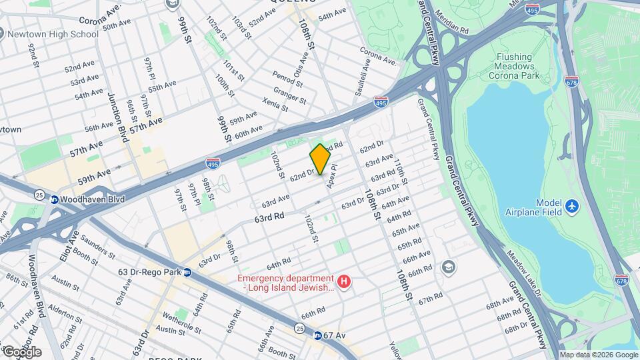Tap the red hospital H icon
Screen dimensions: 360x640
(344, 283)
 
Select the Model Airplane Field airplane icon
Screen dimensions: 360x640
(571, 207)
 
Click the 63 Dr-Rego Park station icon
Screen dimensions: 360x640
(187, 272)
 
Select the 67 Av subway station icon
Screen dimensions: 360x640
(318, 335)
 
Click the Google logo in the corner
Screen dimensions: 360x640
(21, 351)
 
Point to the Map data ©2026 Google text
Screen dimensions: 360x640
(598, 355)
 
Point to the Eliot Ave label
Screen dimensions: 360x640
(74, 247)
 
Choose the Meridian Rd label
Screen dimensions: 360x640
(452, 22)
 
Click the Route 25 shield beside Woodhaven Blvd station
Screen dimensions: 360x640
(39, 195)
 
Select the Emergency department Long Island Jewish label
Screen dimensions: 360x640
(287, 283)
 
